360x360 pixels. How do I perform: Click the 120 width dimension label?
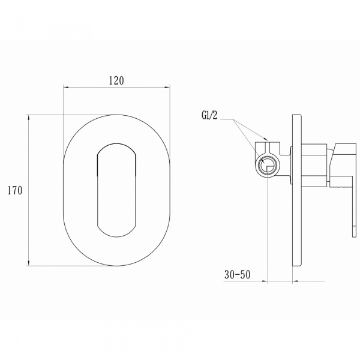coord(116,80)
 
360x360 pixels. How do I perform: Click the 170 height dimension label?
coord(15,191)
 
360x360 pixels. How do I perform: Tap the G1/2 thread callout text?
coord(209,115)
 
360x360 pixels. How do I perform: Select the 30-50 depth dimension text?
coord(238,275)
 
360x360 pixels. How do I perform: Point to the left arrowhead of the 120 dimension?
coord(66,87)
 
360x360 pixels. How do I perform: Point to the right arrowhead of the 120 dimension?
coord(167,87)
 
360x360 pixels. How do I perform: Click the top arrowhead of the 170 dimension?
coord(29,118)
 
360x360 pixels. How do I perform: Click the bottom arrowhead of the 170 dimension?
coord(29,263)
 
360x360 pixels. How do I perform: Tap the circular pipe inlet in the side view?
coord(268,166)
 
